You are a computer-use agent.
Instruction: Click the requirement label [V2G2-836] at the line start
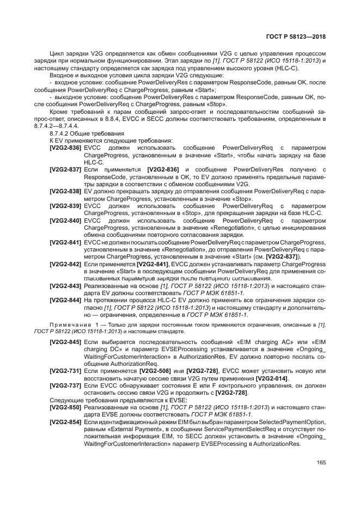(x=65, y=147)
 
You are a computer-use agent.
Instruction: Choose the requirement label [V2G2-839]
(x=65, y=206)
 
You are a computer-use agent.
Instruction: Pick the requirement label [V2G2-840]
(x=65, y=220)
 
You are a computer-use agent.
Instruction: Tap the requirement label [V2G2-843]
(x=65, y=286)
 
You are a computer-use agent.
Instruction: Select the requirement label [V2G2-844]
(x=65, y=301)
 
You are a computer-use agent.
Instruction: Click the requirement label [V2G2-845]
(x=65, y=342)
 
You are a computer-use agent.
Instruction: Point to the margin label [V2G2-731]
(x=65, y=371)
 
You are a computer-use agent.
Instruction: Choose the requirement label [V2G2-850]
(x=65, y=408)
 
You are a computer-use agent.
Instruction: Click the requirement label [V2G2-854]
(x=65, y=422)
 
